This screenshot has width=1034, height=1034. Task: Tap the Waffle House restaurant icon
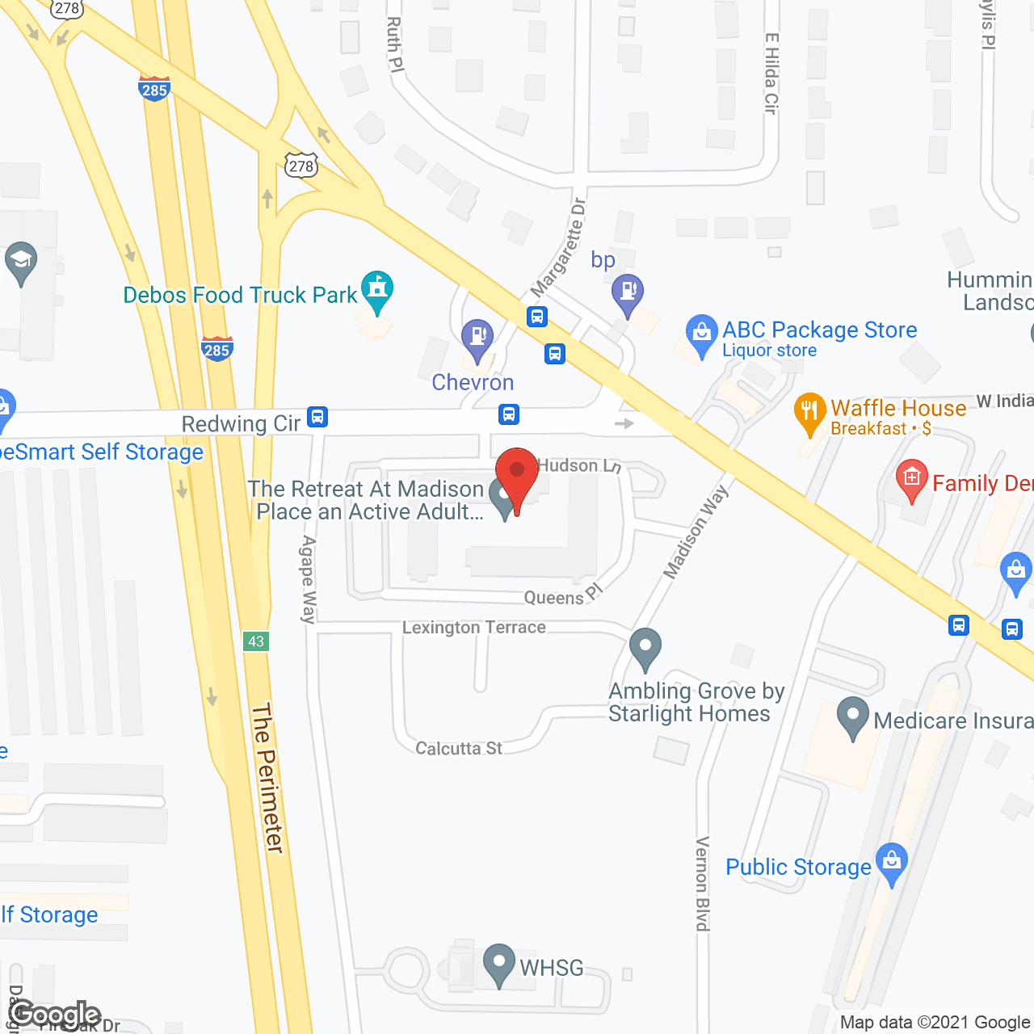click(x=809, y=413)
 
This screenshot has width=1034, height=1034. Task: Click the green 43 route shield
click(x=256, y=641)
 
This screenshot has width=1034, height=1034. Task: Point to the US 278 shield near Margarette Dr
click(x=301, y=166)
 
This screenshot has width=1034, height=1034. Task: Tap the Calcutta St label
click(x=459, y=749)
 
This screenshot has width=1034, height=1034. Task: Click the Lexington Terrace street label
click(x=474, y=628)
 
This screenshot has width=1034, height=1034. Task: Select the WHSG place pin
click(x=498, y=964)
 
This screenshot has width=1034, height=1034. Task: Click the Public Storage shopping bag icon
click(x=892, y=863)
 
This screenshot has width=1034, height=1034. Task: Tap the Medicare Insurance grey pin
click(x=852, y=717)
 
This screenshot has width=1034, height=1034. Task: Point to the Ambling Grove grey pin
click(x=645, y=648)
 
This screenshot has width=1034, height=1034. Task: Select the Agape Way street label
click(x=308, y=579)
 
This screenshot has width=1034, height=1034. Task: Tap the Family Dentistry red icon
click(x=912, y=480)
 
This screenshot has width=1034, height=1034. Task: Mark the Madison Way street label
click(x=696, y=532)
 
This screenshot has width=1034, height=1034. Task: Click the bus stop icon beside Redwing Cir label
click(x=317, y=417)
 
